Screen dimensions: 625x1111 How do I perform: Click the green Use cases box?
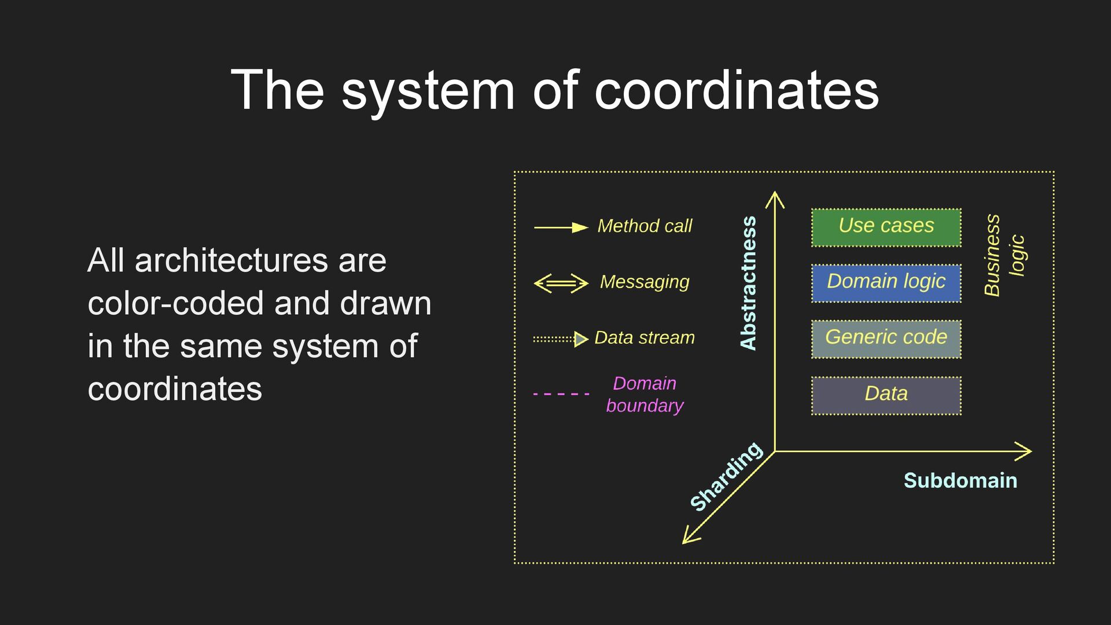[886, 227]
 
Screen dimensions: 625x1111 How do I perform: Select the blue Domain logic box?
[886, 283]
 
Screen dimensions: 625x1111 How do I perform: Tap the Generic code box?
[886, 339]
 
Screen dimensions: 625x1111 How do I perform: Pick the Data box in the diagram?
[886, 395]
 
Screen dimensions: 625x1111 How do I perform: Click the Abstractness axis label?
[749, 283]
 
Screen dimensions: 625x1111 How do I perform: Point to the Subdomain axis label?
[960, 480]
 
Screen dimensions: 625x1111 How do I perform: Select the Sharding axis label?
[726, 476]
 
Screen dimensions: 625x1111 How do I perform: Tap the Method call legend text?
[645, 226]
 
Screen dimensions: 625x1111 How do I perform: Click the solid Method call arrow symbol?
[561, 227]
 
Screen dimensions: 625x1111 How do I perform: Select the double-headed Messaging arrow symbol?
[561, 283]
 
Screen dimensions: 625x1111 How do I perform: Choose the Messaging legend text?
[645, 282]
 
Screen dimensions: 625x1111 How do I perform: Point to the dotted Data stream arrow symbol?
[561, 339]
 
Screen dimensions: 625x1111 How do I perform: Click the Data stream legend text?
[645, 337]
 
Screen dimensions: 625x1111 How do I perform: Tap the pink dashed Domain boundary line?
[561, 394]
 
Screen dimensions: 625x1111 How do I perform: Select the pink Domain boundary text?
[645, 394]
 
